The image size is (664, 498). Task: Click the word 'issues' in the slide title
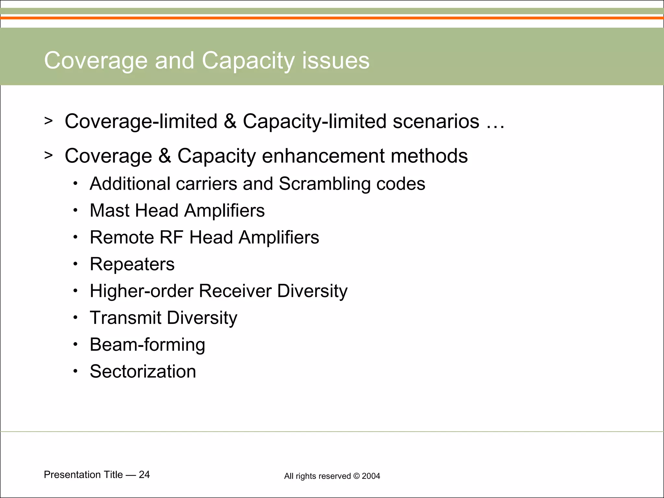[336, 61]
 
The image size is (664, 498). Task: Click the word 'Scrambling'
[325, 184]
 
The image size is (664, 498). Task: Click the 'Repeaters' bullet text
[132, 264]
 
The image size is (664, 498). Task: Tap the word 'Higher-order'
[141, 291]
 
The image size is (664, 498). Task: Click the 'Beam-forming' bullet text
[147, 345]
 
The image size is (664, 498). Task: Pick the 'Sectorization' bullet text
[143, 372]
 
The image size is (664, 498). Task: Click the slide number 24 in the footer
[144, 475]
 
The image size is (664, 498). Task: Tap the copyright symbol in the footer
[356, 476]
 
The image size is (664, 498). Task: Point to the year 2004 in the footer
[371, 476]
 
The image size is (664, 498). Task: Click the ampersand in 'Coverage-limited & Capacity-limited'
[230, 122]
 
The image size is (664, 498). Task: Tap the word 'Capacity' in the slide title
[248, 61]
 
